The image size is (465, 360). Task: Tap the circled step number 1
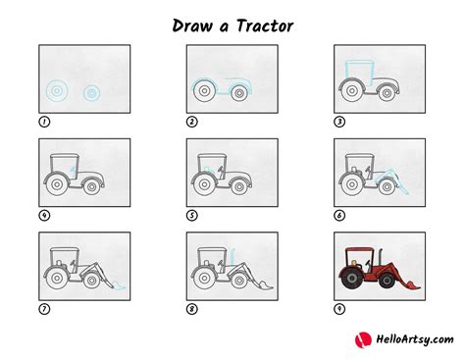44,122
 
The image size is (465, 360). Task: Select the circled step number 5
192,215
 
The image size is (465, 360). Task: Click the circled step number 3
340,122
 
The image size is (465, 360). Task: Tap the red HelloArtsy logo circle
359,340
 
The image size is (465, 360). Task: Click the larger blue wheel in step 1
58,92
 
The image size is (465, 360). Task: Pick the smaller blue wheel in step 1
90,93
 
